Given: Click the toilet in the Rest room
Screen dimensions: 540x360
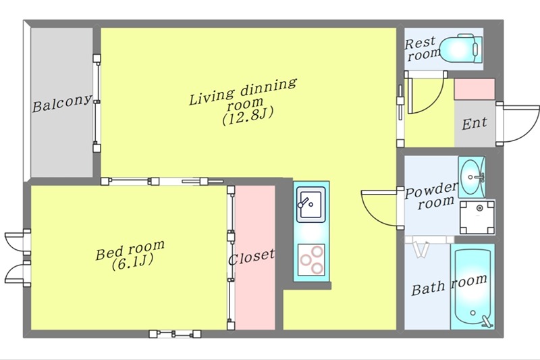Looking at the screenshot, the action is (462, 49).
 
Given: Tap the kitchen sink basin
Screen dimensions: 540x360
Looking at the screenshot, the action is (311, 205).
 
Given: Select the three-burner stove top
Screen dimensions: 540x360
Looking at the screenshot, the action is (311, 260).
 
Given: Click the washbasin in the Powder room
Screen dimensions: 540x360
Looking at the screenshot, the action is (471, 177).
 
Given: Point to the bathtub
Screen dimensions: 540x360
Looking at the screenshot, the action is (473, 286).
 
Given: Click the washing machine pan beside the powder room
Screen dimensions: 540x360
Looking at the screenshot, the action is (477, 217).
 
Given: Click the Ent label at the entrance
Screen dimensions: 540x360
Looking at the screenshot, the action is (475, 124).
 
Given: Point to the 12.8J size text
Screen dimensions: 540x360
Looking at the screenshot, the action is (248, 116).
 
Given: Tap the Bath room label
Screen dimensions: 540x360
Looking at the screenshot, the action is (450, 285).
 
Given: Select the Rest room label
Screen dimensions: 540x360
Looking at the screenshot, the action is (423, 49).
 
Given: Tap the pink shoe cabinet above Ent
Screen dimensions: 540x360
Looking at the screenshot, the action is (475, 89).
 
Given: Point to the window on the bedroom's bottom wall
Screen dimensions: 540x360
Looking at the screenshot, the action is (175, 334).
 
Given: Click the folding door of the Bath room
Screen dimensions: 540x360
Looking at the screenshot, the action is (421, 247).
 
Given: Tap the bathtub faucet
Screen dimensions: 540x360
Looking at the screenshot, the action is (487, 322).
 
